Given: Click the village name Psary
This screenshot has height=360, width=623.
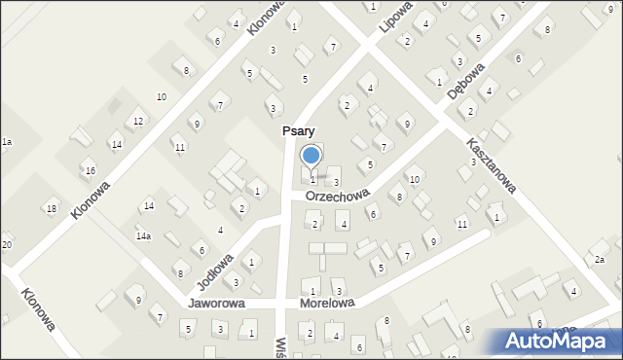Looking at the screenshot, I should point(298,130).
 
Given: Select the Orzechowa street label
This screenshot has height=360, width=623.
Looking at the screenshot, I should point(337,196).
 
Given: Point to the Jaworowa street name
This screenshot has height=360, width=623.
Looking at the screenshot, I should point(216,304).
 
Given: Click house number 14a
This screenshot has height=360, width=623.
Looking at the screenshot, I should point(143,236).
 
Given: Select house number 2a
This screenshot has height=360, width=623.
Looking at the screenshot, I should point(600,260).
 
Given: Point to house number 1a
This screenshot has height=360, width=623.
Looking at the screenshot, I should point(6,142).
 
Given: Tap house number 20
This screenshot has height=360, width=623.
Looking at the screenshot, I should point(6,244).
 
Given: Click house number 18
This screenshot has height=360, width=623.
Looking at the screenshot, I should point(52,209).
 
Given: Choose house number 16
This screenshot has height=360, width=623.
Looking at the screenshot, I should point(91,171).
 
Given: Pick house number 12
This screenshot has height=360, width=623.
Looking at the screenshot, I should point(139,121).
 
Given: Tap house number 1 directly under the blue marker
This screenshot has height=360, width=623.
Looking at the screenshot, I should point(312,180).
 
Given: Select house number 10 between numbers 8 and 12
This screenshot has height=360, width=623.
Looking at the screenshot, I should point(162,96).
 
